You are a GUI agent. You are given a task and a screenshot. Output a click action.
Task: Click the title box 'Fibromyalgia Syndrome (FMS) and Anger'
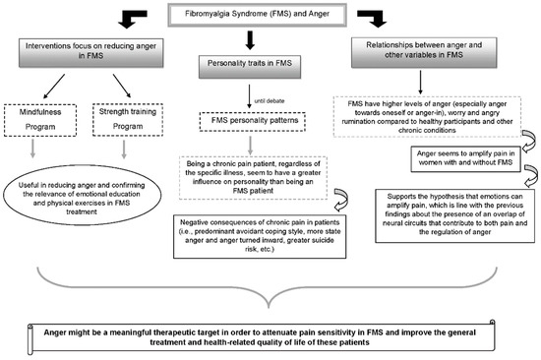pyautogui.click(x=257, y=15)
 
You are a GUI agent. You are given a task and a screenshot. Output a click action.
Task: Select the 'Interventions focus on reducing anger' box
pyautogui.click(x=90, y=52)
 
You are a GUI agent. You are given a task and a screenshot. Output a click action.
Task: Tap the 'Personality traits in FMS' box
pyautogui.click(x=250, y=67)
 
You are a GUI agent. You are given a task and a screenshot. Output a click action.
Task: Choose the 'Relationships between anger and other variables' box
pyautogui.click(x=424, y=52)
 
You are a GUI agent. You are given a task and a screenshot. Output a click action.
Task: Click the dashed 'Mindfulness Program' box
pyautogui.click(x=40, y=120)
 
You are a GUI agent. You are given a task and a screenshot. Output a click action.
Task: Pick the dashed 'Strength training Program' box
pyautogui.click(x=128, y=119)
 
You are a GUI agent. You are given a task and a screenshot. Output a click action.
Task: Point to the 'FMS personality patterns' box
pyautogui.click(x=253, y=121)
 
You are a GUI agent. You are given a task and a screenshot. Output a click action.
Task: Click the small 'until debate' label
pyautogui.click(x=270, y=101)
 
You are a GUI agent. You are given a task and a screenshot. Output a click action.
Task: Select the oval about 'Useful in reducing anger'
pyautogui.click(x=82, y=195)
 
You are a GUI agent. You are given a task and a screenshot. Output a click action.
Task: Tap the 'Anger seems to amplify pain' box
pyautogui.click(x=465, y=158)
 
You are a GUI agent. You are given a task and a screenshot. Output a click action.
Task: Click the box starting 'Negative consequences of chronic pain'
pyautogui.click(x=260, y=236)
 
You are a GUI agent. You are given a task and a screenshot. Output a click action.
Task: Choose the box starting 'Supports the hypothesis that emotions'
pyautogui.click(x=455, y=215)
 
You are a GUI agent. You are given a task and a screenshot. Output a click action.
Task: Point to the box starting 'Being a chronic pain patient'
pyautogui.click(x=253, y=178)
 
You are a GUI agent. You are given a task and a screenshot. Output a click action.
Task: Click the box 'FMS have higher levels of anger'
pyautogui.click(x=427, y=117)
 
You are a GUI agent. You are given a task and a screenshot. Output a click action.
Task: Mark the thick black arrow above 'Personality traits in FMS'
pyautogui.click(x=250, y=40)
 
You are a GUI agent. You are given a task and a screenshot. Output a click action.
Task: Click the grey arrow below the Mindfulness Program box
pyautogui.click(x=32, y=149)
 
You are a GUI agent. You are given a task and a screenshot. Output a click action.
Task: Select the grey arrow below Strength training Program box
pyautogui.click(x=124, y=150)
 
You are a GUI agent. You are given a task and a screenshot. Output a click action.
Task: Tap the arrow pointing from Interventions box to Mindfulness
pyautogui.click(x=54, y=87)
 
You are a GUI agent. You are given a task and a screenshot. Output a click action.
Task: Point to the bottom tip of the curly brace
pyautogui.click(x=269, y=307)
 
